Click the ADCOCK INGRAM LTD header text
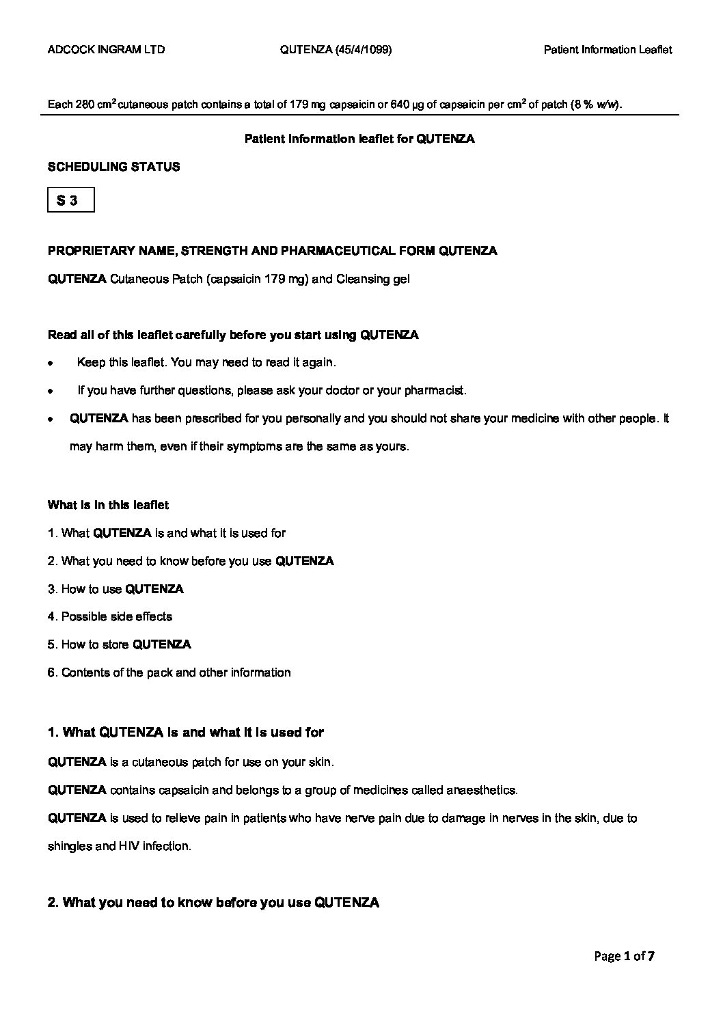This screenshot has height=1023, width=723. pyautogui.click(x=106, y=49)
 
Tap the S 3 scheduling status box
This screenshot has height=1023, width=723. pyautogui.click(x=70, y=200)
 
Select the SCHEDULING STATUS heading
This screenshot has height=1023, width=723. pyautogui.click(x=113, y=167)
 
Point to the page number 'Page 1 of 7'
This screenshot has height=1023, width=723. pyautogui.click(x=624, y=956)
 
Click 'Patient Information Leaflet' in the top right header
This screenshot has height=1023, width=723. pyautogui.click(x=608, y=49)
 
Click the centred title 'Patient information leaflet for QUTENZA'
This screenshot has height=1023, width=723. pyautogui.click(x=359, y=139)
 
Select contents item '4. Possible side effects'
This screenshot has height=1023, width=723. pyautogui.click(x=110, y=616)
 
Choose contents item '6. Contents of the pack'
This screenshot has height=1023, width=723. pyautogui.click(x=169, y=672)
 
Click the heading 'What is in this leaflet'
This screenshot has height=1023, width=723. pyautogui.click(x=108, y=505)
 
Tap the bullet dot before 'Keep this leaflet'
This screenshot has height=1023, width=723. pyautogui.click(x=51, y=364)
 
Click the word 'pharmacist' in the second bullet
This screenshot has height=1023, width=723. pyautogui.click(x=434, y=391)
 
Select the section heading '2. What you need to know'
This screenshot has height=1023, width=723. pyautogui.click(x=213, y=903)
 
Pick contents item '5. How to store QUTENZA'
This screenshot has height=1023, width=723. pyautogui.click(x=120, y=644)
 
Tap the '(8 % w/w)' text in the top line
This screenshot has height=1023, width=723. pyautogui.click(x=596, y=105)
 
